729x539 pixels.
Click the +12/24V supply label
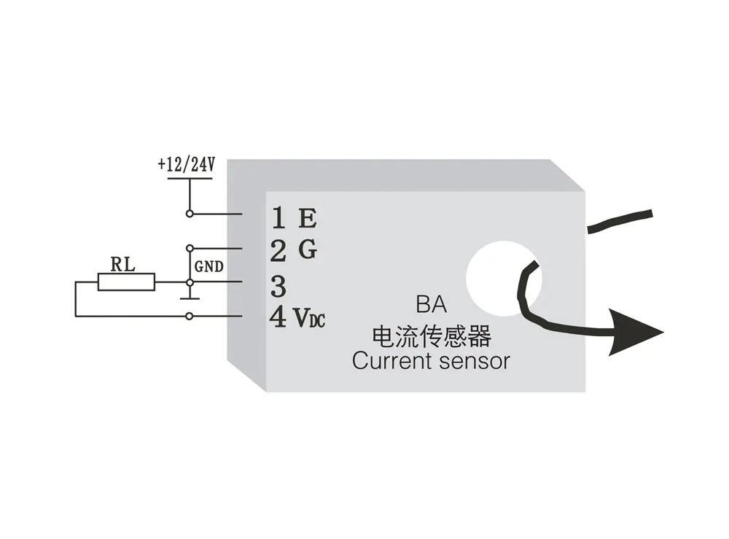[x=186, y=164]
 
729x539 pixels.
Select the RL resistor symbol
[x=127, y=282]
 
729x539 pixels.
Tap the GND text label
[x=208, y=267]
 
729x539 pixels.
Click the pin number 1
[x=278, y=217]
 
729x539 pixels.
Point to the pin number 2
[x=278, y=252]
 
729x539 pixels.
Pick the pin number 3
[x=278, y=286]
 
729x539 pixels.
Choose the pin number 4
[x=278, y=317]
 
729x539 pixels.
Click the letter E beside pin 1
[x=308, y=217]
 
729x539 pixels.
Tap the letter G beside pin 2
[x=308, y=250]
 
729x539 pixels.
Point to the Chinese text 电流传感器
[x=431, y=336]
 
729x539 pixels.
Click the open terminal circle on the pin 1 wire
[x=190, y=214]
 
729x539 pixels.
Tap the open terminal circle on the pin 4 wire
[x=190, y=316]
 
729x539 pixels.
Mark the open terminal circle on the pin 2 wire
[x=190, y=248]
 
